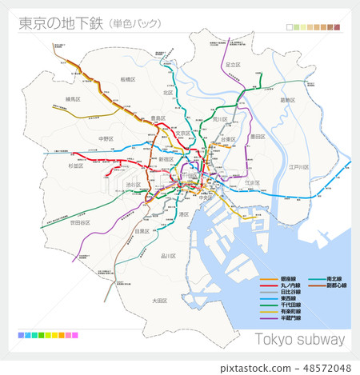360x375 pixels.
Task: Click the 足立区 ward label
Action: pyautogui.click(x=233, y=65)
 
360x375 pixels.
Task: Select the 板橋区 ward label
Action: pyautogui.click(x=128, y=80)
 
